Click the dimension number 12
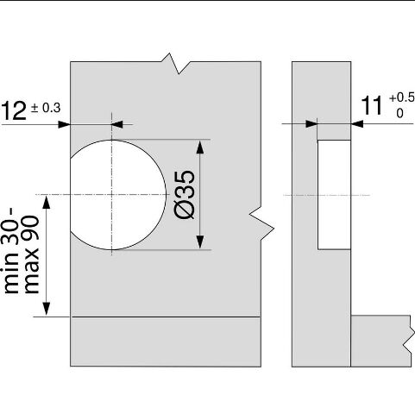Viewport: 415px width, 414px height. pos(14,111)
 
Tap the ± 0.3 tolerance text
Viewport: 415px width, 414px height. pos(46,108)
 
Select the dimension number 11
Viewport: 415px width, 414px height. pos(372,105)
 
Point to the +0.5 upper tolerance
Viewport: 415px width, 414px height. pos(402,97)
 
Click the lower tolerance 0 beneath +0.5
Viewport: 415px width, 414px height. pos(399,114)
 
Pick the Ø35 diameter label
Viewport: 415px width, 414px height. pos(185,195)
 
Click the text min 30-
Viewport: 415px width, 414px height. pos(12,251)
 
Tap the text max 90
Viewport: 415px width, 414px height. pos(31,254)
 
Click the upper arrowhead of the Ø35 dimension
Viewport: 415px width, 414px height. pos(200,147)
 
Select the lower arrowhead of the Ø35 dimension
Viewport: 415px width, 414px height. pos(200,241)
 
